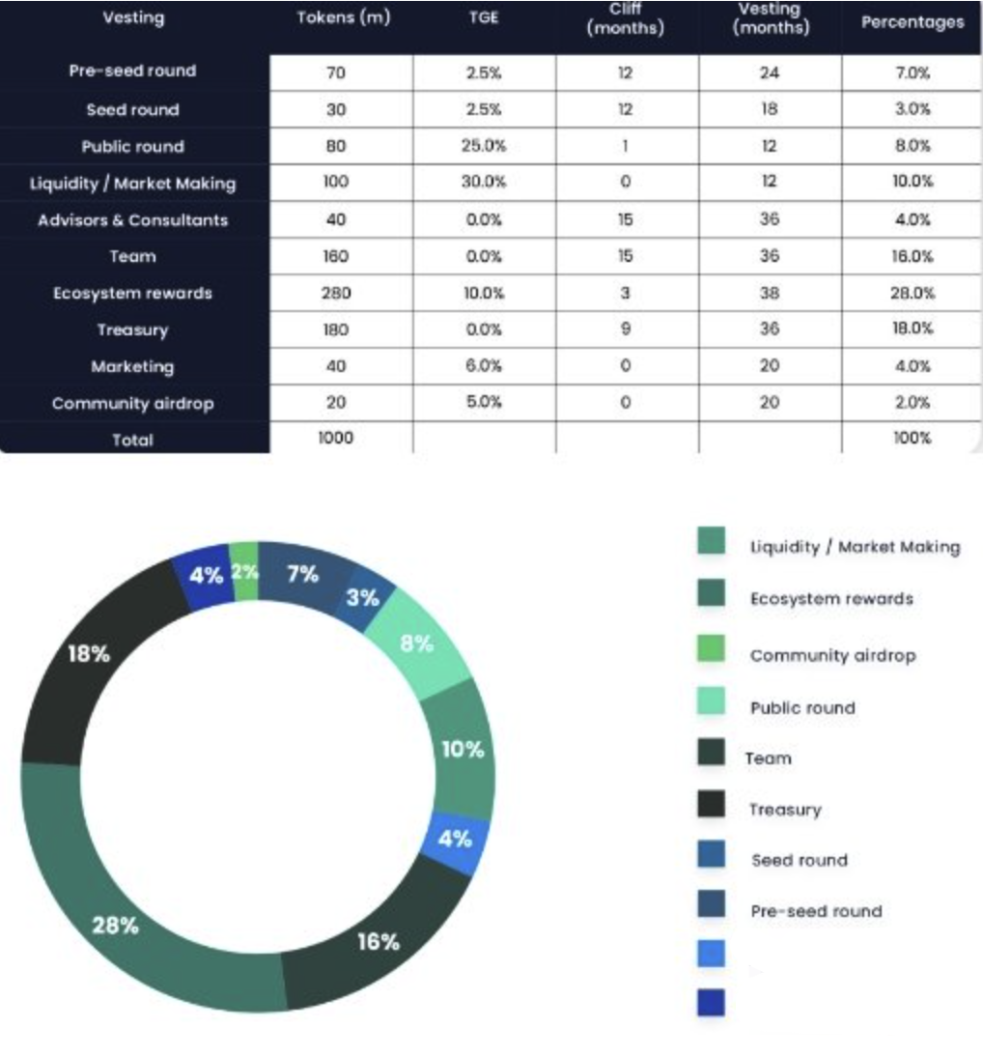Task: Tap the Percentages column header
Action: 912,22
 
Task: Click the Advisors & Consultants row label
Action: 133,220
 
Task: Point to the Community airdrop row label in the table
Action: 133,404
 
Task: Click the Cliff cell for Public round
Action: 625,147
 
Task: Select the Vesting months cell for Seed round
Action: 769,110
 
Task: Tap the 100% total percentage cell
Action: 912,439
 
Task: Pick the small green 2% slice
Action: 245,572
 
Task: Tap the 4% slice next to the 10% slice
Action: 456,839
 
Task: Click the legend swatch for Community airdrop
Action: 711,652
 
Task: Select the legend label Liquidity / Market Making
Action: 855,548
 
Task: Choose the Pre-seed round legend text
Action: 816,911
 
